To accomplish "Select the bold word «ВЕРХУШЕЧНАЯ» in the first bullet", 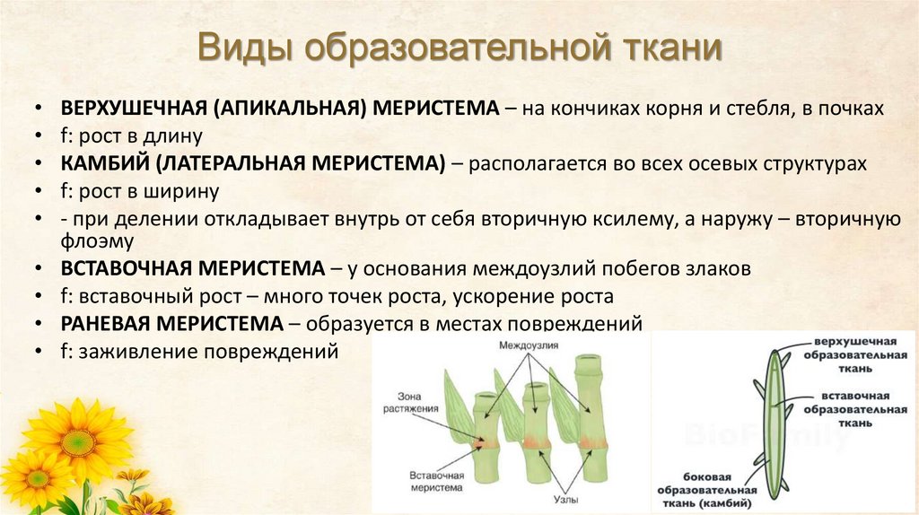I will click(132, 109).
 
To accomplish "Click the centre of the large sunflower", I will click(79, 442).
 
